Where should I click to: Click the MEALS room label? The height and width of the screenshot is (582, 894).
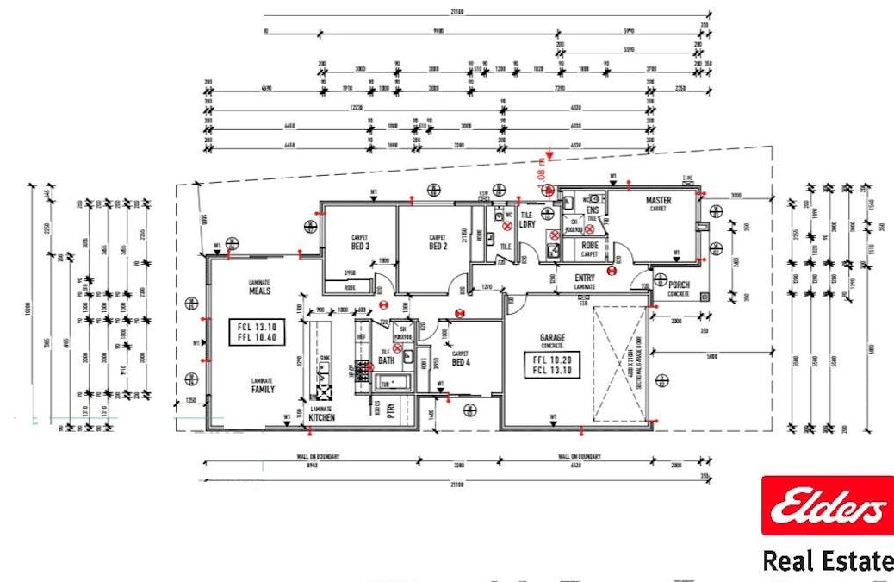[260, 291]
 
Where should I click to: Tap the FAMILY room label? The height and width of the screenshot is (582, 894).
[263, 389]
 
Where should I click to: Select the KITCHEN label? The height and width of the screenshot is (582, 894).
[322, 417]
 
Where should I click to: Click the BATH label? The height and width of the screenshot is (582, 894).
[387, 361]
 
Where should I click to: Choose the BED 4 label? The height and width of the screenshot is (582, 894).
[461, 362]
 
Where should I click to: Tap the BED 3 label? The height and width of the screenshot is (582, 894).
[360, 246]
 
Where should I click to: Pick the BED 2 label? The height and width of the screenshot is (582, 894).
[438, 246]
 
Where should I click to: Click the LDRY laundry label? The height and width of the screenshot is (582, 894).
[528, 224]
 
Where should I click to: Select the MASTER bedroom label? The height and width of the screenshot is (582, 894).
[658, 201]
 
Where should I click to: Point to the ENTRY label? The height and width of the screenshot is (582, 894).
[585, 277]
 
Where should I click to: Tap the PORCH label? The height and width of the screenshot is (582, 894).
[679, 284]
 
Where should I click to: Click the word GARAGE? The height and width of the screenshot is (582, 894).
[551, 337]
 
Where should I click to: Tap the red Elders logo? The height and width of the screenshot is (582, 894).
[827, 505]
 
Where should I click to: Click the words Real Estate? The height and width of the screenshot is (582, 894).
[827, 561]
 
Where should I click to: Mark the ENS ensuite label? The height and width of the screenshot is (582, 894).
[593, 210]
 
